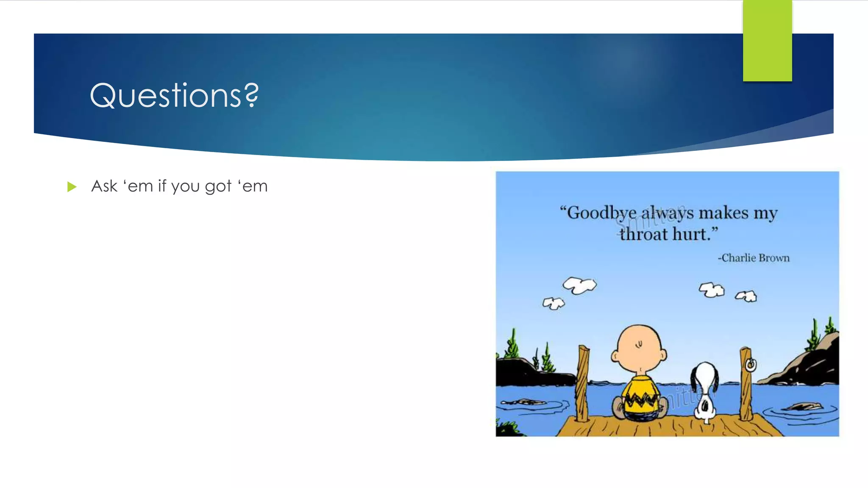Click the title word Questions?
click(x=174, y=96)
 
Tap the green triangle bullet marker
click(x=72, y=187)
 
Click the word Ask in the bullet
click(x=104, y=186)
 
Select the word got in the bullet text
click(x=218, y=187)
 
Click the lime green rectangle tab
click(x=767, y=41)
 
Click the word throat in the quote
click(x=643, y=234)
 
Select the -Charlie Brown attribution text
click(x=754, y=258)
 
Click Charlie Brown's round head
click(x=639, y=347)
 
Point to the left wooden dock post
click(x=582, y=383)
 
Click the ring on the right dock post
click(x=751, y=365)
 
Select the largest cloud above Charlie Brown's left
click(x=579, y=285)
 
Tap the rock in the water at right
click(x=802, y=407)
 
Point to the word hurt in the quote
click(x=695, y=234)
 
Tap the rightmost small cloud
click(x=746, y=296)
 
